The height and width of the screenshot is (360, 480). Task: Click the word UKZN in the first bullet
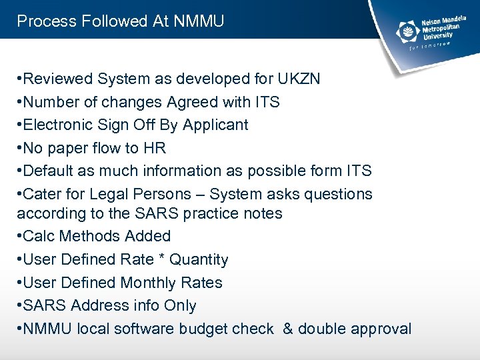click(x=297, y=79)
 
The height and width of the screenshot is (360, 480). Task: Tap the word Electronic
click(x=57, y=125)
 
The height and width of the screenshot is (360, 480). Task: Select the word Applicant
click(x=215, y=125)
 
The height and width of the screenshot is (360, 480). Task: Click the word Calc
click(x=39, y=237)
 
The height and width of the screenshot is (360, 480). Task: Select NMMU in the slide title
click(x=199, y=21)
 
